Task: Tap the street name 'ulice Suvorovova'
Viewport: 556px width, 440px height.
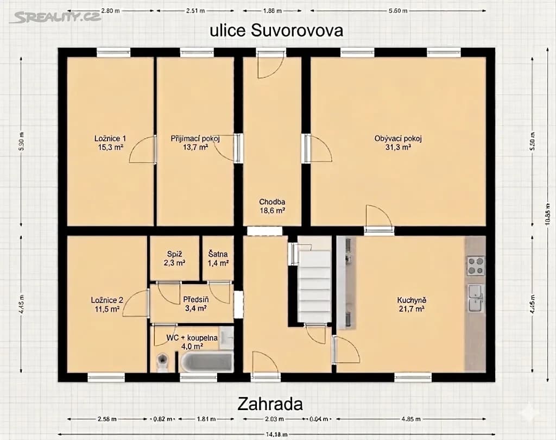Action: coord(276,30)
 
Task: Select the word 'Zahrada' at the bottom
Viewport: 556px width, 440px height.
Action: coord(270,404)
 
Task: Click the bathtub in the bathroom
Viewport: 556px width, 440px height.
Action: coord(206,361)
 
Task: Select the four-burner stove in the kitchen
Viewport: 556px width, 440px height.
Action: coord(476,265)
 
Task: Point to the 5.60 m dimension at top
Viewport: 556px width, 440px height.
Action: coord(397,11)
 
